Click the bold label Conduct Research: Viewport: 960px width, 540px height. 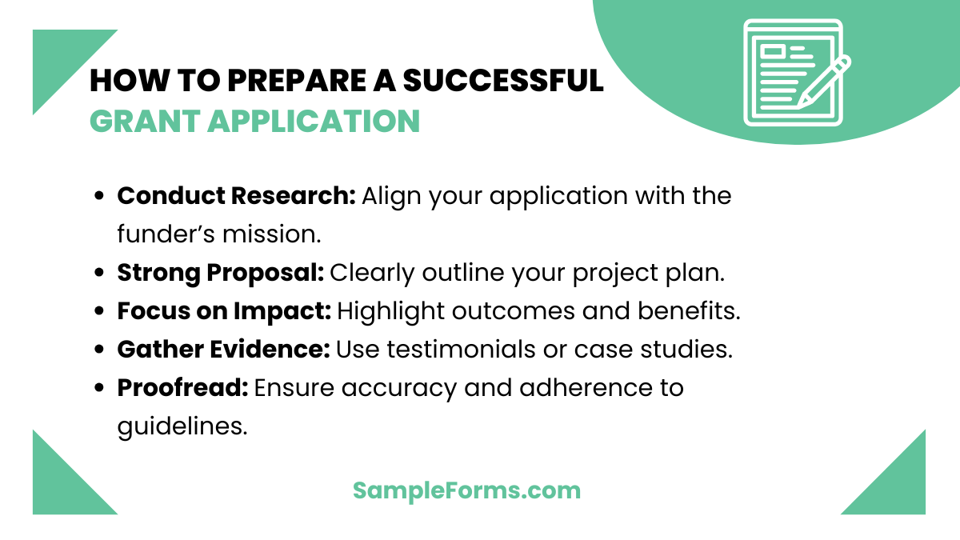tap(236, 195)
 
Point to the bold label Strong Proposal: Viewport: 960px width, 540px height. tap(220, 272)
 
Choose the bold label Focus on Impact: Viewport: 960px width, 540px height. tap(224, 310)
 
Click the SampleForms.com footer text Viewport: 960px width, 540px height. tap(466, 490)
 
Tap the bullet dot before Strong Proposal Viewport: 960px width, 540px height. tap(100, 273)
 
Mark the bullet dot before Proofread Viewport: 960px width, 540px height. tap(100, 388)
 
